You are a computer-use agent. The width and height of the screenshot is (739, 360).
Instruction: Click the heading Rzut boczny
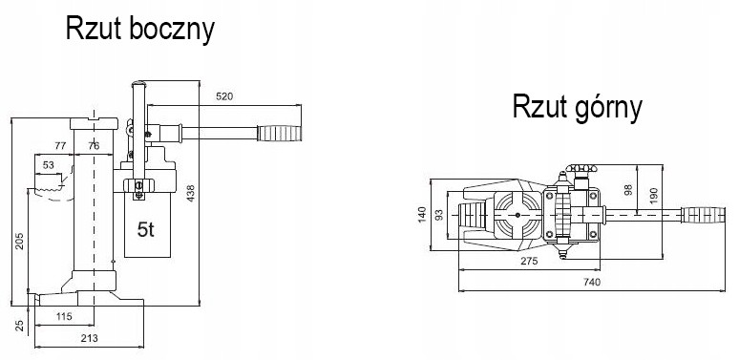click(x=140, y=30)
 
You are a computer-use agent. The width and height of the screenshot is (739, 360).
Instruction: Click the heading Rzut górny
click(x=578, y=108)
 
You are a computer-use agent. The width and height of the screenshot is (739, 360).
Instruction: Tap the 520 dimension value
click(x=224, y=96)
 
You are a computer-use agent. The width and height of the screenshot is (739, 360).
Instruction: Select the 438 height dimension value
click(x=190, y=194)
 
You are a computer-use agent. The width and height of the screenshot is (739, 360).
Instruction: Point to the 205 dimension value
click(x=19, y=241)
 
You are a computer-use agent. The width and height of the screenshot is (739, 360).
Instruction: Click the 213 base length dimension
click(x=89, y=338)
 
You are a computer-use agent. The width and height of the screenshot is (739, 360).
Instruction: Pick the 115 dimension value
click(x=64, y=316)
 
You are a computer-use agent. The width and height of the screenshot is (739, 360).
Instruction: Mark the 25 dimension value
click(x=19, y=325)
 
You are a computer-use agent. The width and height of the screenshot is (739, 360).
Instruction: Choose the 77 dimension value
click(x=60, y=145)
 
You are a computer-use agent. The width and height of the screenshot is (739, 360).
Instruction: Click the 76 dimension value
click(x=94, y=145)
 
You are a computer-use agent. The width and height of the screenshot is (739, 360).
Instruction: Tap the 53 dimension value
click(x=48, y=165)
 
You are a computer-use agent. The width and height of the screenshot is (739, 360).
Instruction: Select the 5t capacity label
click(x=146, y=229)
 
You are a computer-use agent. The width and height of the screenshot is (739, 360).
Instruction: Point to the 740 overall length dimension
click(x=592, y=282)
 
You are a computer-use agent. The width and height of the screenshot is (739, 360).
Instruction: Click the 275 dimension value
click(x=529, y=261)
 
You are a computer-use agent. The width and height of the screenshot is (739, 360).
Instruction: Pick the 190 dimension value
click(x=653, y=197)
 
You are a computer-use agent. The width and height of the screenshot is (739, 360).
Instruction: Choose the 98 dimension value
click(x=628, y=190)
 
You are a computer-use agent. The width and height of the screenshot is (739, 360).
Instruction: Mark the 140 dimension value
click(x=422, y=215)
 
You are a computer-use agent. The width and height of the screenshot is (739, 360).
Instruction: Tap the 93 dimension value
click(x=439, y=215)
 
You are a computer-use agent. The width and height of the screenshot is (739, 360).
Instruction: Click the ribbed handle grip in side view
click(x=280, y=134)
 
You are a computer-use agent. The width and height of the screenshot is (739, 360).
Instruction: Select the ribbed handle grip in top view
click(x=704, y=215)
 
